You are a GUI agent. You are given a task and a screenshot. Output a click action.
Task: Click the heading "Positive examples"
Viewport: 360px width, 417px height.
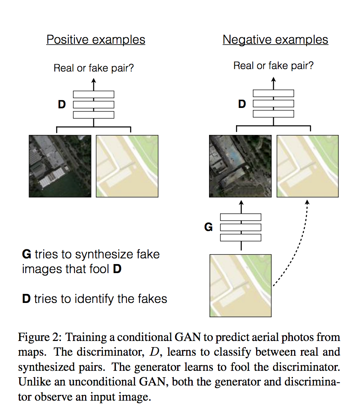coord(96,40)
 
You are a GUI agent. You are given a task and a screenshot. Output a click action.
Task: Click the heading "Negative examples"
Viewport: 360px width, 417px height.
coord(275,40)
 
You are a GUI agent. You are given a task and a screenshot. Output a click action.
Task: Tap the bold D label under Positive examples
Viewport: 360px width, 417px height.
coord(62,105)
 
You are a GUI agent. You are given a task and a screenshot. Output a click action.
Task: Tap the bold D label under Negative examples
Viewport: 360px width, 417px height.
coord(242,104)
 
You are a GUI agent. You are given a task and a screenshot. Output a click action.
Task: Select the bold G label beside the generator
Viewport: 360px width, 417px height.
coord(208,227)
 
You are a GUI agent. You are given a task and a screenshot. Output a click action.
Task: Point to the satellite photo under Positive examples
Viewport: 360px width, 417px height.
coord(60,166)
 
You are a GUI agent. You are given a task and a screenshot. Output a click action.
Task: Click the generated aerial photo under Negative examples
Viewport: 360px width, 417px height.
coord(240,166)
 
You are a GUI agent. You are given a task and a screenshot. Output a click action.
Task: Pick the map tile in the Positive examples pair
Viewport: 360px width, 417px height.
coord(127,166)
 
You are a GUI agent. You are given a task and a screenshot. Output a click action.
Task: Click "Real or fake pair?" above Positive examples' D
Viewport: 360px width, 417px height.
coord(94,68)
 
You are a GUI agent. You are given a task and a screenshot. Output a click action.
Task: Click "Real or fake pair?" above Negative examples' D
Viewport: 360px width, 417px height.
coord(273,65)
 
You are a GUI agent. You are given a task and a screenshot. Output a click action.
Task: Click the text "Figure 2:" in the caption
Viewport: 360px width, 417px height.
coord(40,338)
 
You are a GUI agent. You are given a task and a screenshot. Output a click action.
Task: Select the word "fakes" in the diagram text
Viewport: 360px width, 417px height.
coord(152,299)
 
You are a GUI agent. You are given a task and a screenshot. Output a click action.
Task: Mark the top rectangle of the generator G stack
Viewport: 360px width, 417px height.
coord(241,217)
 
